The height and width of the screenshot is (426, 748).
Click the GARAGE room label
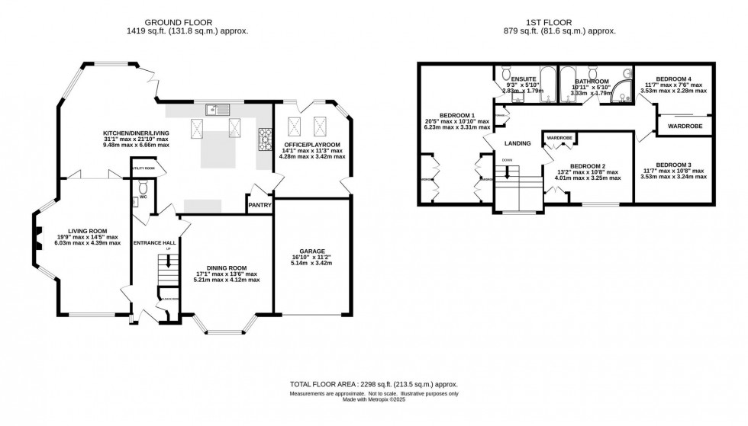(312, 251)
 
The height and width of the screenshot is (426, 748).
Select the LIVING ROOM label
(87, 230)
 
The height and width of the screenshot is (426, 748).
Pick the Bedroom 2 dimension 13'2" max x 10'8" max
(588, 171)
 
